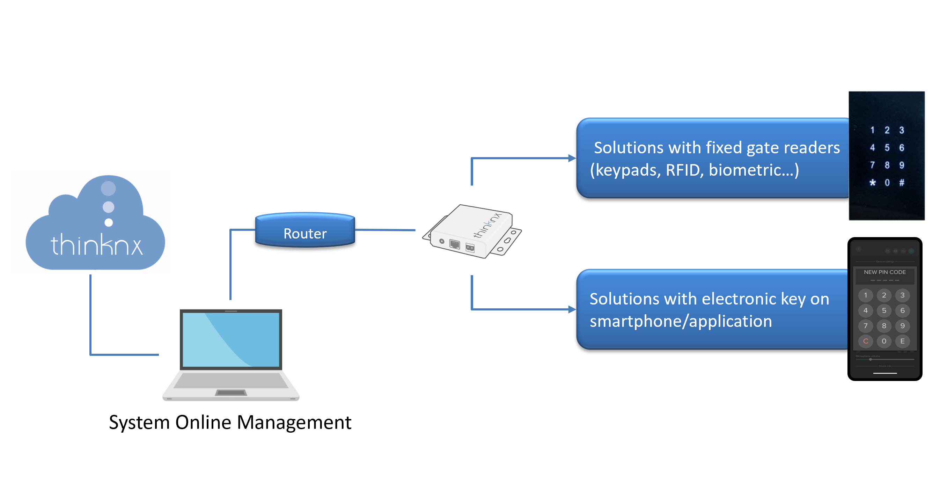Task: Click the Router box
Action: (305, 230)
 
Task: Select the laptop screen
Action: (231, 339)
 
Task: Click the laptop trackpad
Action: (231, 393)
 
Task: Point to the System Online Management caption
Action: (230, 422)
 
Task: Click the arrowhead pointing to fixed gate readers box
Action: (572, 159)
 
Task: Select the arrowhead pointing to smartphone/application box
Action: (572, 309)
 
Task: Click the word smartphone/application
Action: (681, 321)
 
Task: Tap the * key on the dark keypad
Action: (872, 183)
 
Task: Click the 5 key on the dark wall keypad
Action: (887, 147)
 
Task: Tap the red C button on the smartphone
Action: (866, 341)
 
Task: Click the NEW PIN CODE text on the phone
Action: (884, 272)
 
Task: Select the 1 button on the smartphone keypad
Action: (866, 295)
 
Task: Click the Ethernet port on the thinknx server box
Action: (454, 244)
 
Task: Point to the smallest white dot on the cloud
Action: (108, 222)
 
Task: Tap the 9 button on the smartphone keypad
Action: (902, 326)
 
